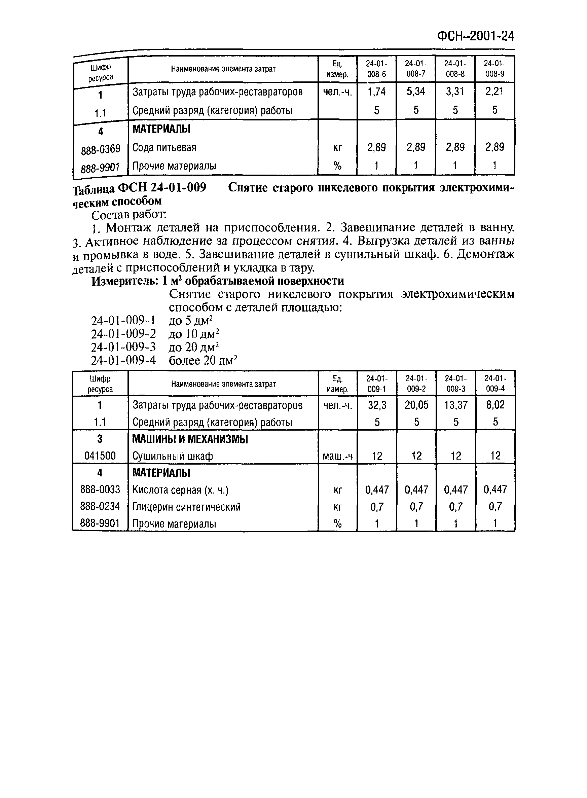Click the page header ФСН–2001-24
point(475,37)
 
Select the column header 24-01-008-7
point(415,69)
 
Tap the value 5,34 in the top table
point(415,92)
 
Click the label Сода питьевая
point(164,147)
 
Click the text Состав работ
point(129,215)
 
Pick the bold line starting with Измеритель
point(217,281)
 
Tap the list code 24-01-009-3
point(123,347)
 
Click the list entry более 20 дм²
point(203,361)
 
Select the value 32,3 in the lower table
point(377,405)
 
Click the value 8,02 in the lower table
point(495,405)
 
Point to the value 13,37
point(456,405)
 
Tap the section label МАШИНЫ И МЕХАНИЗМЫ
point(190,439)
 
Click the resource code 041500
point(100,456)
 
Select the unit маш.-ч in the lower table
point(337,456)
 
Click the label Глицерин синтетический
point(186,507)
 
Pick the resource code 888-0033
point(100,489)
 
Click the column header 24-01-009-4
point(495,384)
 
